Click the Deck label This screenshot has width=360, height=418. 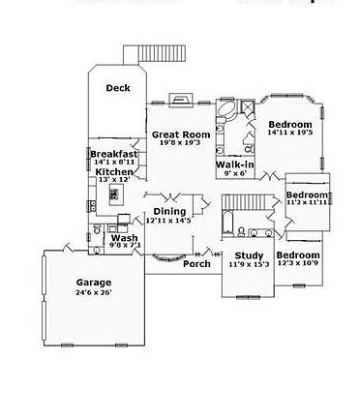click(118, 88)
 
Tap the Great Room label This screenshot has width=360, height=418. click(181, 134)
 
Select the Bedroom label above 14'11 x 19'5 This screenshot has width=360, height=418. click(290, 125)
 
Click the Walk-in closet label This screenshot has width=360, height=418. click(235, 165)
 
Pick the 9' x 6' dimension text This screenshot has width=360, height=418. click(235, 174)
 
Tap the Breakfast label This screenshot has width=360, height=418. click(114, 154)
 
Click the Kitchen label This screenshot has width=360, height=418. click(113, 171)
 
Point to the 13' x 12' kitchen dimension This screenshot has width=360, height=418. click(113, 180)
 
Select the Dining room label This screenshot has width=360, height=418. click(169, 211)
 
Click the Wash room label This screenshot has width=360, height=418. click(123, 237)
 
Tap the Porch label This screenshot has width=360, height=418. click(196, 263)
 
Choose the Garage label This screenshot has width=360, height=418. click(94, 283)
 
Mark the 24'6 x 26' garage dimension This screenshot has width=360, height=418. click(94, 292)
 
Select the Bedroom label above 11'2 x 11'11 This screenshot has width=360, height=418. click(308, 194)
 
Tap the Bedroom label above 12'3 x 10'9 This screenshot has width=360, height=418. click(299, 254)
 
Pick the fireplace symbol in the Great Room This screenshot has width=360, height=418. click(181, 99)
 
